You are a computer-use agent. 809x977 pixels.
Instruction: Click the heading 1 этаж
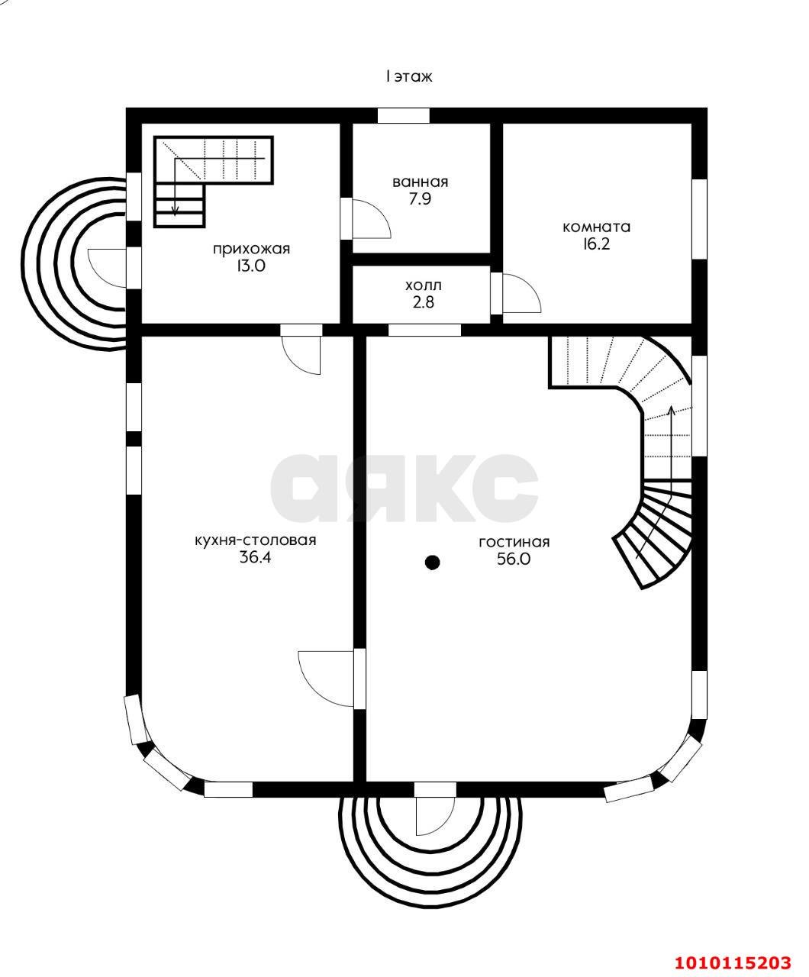pos(409,76)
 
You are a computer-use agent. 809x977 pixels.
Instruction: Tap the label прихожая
pos(251,249)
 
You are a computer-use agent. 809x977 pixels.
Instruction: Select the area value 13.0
pos(251,266)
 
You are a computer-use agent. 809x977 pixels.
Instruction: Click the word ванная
pos(421,182)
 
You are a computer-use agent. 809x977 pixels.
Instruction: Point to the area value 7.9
pos(420,199)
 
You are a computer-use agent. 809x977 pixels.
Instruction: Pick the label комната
pos(596,227)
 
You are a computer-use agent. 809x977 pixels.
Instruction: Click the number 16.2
pos(596,244)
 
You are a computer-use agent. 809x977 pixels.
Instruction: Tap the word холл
pos(423,285)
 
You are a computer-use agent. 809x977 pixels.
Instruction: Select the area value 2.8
pos(423,302)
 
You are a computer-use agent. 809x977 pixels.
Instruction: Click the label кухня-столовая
pos(255,540)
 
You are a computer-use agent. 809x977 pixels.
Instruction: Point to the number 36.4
pos(255,557)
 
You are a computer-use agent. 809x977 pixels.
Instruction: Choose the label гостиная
pos(514,542)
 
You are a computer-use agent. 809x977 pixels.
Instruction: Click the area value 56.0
pos(514,559)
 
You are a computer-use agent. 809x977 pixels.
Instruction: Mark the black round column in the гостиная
pos(432,562)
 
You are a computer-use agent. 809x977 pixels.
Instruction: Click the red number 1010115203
pos(733,958)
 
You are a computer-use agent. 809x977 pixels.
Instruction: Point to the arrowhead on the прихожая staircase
pos(175,212)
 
